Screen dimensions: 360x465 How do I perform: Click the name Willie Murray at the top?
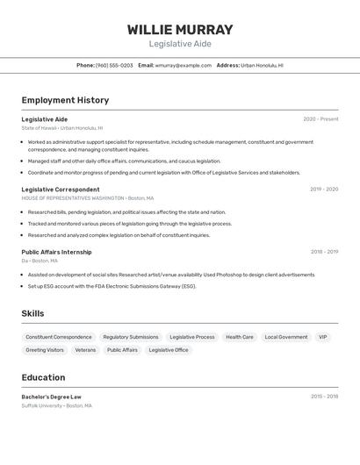[x=180, y=30]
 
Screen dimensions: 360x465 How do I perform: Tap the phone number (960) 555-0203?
[x=114, y=65]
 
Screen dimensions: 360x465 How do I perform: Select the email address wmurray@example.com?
[x=183, y=65]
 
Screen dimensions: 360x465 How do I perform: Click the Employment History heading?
[x=65, y=100]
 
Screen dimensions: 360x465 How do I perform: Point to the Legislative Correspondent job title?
[x=61, y=190]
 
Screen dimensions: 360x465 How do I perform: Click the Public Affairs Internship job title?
[x=56, y=252]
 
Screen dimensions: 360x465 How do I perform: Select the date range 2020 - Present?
[x=320, y=119]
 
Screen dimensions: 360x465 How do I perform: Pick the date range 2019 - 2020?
[x=324, y=190]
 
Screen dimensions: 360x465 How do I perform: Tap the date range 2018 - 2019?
[x=324, y=252]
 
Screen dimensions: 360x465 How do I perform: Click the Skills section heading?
[x=32, y=313]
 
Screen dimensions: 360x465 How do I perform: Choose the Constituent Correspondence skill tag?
[x=59, y=337]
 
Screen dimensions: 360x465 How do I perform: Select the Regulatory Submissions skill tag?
[x=131, y=337]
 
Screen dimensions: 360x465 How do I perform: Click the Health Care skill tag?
[x=240, y=337]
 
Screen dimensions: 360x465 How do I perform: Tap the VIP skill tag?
[x=322, y=337]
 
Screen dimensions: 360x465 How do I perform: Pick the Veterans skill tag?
[x=85, y=350]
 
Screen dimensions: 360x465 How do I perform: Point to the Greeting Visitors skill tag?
[x=45, y=350]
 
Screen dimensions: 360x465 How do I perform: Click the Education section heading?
[x=43, y=377]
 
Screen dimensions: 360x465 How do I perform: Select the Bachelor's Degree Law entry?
[x=52, y=397]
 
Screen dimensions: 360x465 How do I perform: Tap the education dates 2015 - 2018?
[x=324, y=397]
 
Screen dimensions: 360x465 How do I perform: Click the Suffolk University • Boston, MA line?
[x=57, y=406]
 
